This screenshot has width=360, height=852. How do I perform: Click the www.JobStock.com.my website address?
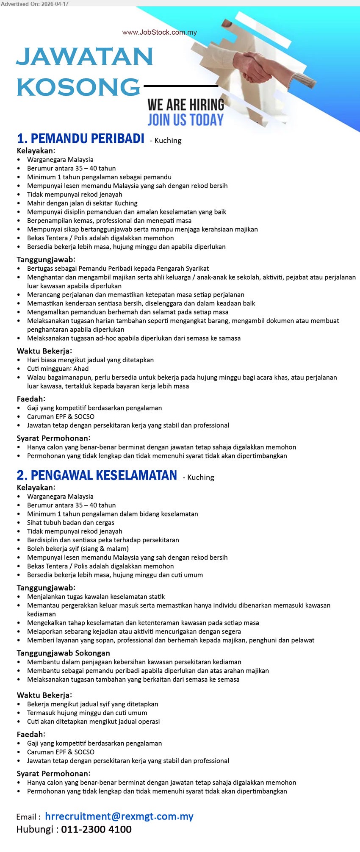(159, 33)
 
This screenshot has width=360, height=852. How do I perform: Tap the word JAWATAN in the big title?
(84, 57)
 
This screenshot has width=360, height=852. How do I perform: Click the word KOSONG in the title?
(78, 87)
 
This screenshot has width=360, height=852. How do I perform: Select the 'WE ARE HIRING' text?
(186, 105)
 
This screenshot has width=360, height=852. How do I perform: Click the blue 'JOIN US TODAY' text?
(186, 120)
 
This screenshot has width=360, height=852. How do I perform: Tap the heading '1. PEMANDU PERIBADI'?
(80, 139)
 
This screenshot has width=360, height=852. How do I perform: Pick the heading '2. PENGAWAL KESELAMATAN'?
(97, 475)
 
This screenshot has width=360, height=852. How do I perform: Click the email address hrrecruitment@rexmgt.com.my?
(119, 816)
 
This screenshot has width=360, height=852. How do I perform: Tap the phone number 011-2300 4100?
(96, 830)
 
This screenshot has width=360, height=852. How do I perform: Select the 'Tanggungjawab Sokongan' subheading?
(63, 653)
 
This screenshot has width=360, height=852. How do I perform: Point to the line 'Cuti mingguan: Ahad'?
(58, 369)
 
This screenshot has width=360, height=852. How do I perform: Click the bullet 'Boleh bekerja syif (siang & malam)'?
(72, 549)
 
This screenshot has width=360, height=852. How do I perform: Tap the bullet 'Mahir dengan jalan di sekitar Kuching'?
(82, 203)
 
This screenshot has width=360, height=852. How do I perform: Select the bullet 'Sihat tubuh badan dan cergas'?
(71, 522)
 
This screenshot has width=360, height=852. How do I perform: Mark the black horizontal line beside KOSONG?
(181, 86)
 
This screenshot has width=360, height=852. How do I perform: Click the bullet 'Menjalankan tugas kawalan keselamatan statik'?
(96, 597)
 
